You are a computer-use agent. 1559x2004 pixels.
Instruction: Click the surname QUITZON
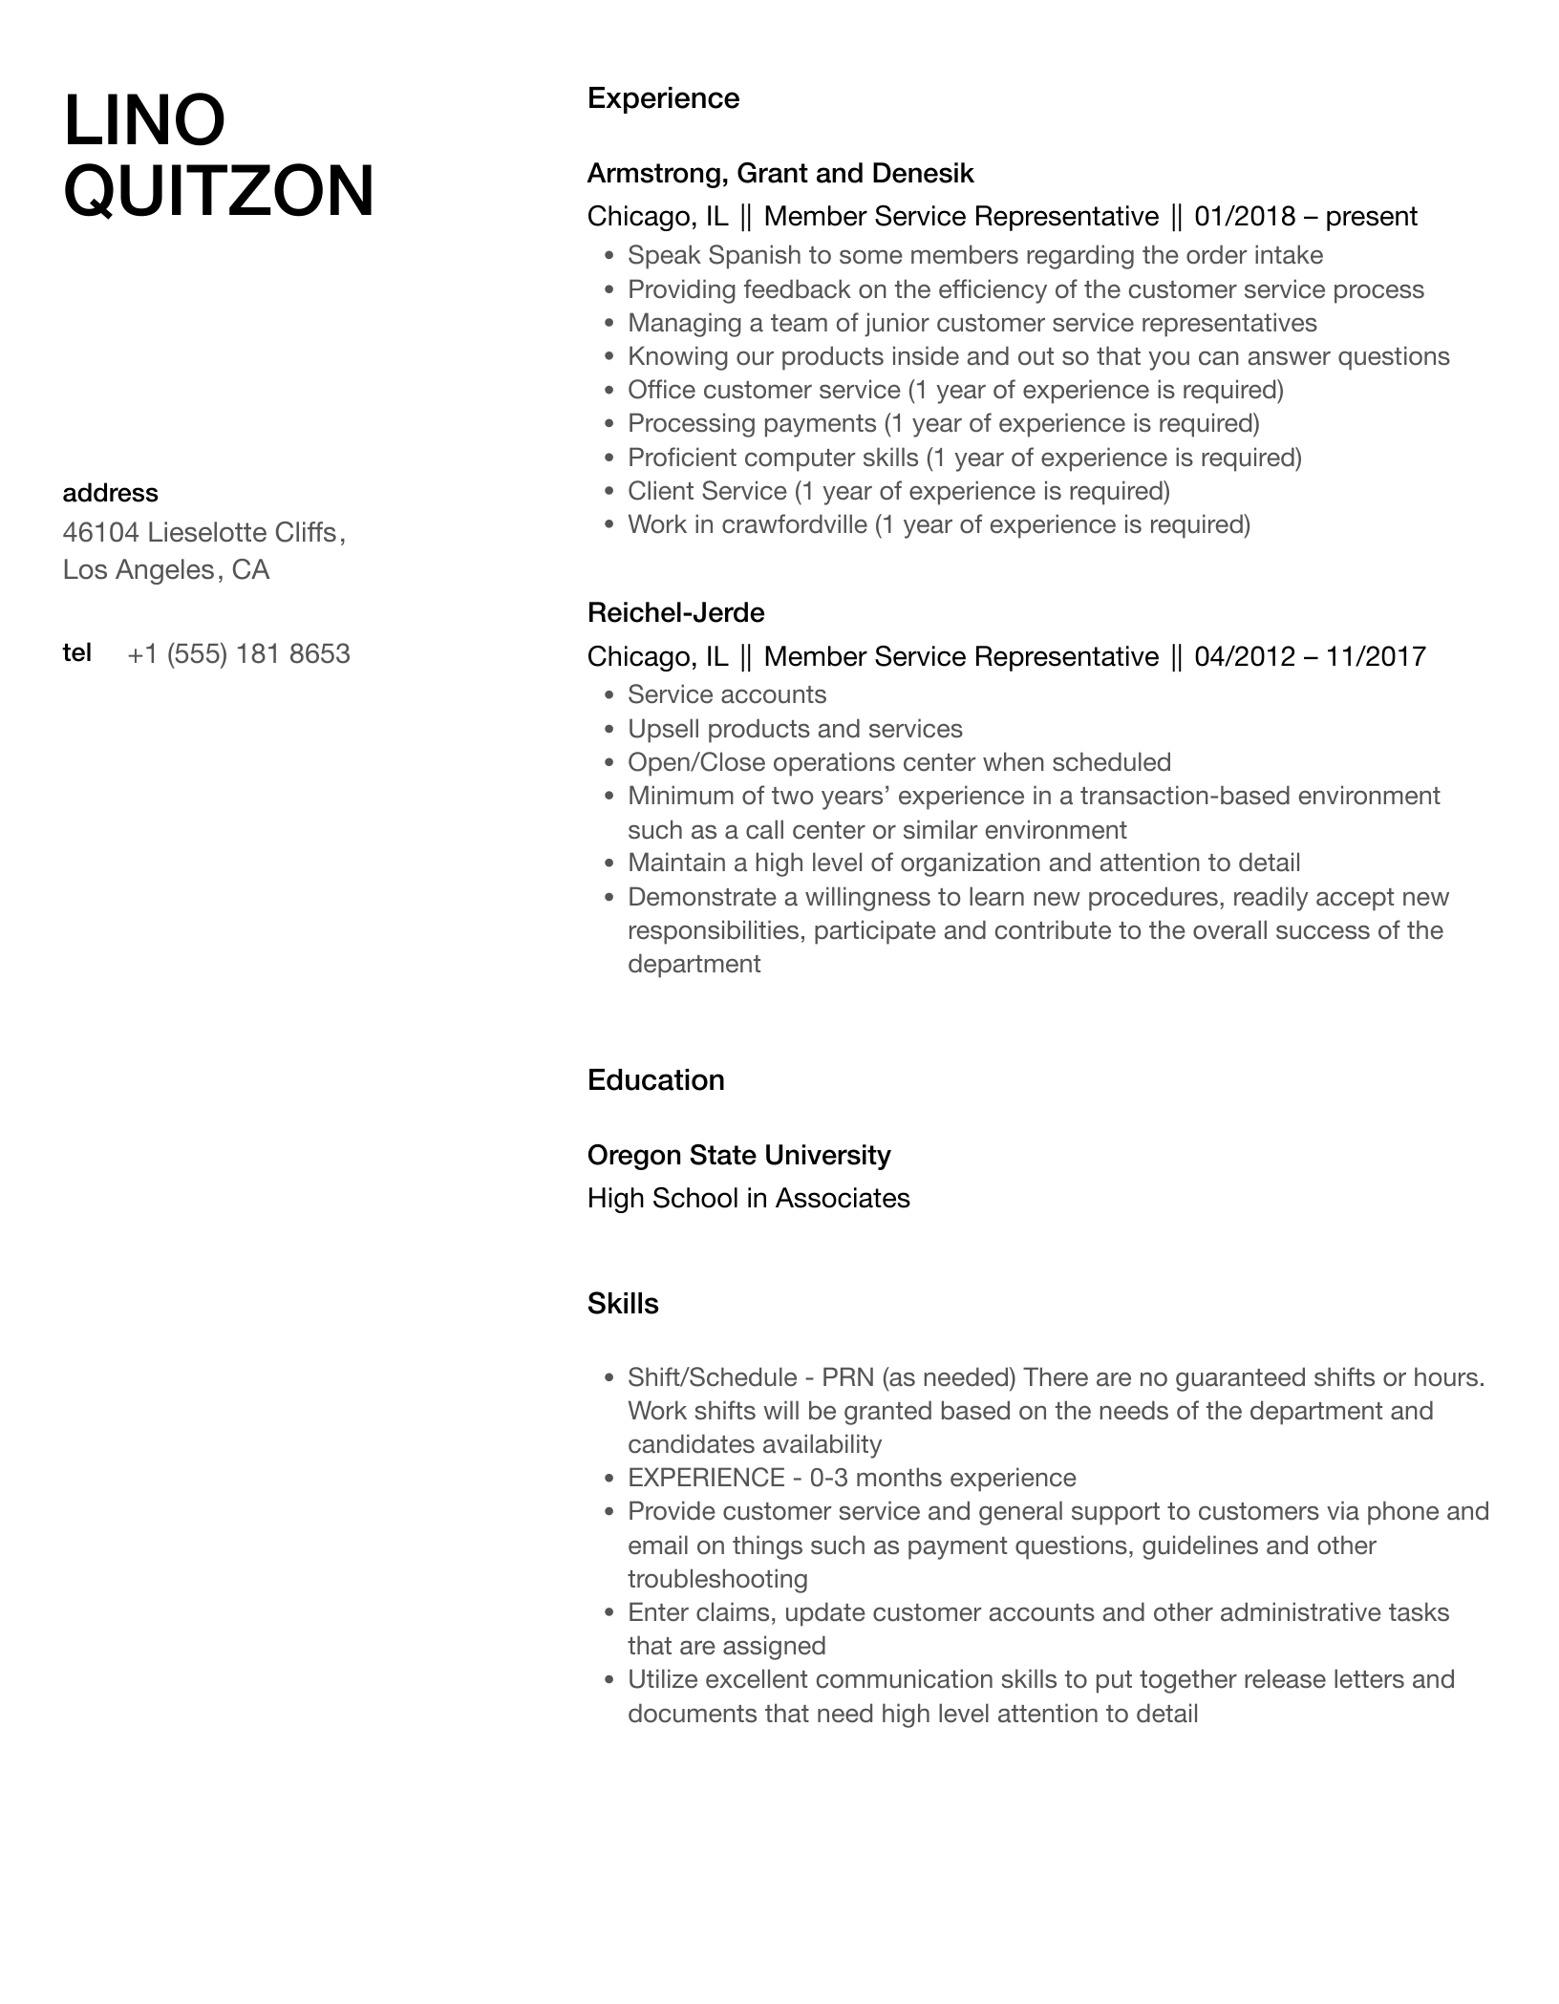[219, 191]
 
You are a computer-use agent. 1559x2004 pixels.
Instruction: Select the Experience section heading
[663, 98]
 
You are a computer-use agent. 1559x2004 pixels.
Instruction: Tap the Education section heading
[655, 1080]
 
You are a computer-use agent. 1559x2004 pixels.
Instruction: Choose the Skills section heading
[623, 1304]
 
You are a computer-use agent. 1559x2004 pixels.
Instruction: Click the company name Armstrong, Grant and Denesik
[780, 173]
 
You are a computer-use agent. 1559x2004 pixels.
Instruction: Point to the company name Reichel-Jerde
[675, 612]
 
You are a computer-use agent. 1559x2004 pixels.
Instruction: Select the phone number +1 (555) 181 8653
[238, 654]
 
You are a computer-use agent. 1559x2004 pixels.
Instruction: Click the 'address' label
[110, 493]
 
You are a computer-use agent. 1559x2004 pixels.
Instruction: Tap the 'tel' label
[76, 652]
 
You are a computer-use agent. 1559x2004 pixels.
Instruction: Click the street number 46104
[100, 532]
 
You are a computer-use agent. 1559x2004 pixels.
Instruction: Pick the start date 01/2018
[1245, 217]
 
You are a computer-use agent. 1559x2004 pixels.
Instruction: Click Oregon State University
[738, 1155]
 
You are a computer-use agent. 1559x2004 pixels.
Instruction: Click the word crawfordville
[793, 524]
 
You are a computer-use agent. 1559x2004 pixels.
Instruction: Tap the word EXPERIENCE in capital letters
[706, 1478]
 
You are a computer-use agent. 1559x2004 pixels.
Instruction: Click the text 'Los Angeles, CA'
[166, 570]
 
